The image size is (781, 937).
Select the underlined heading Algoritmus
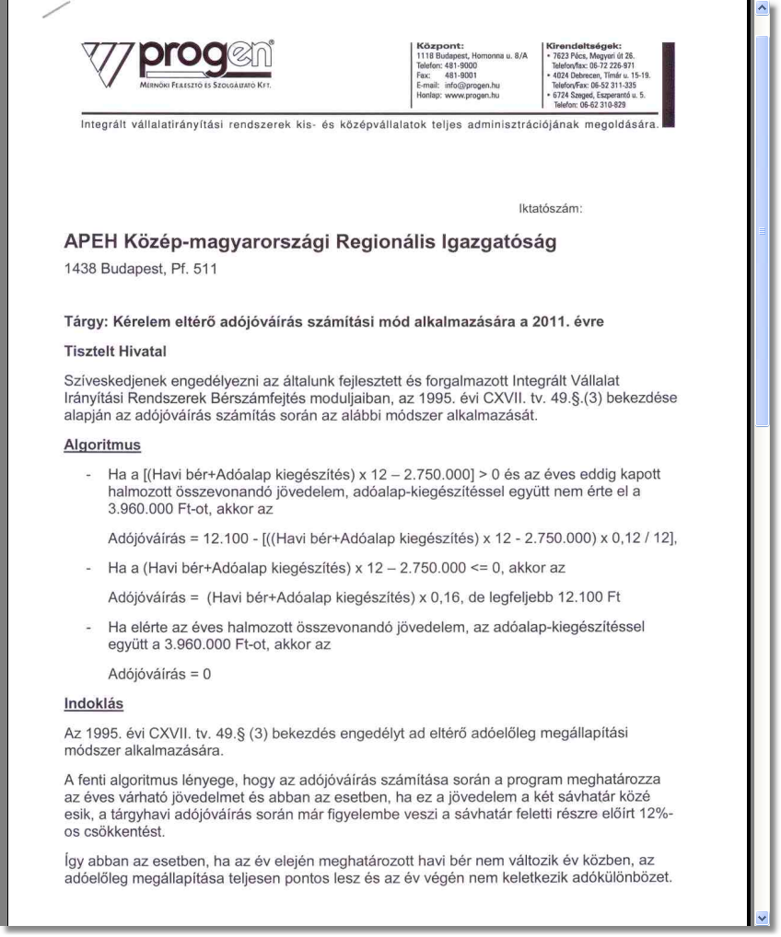(x=101, y=445)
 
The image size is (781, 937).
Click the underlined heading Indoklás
(x=92, y=706)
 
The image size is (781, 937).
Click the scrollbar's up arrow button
(x=762, y=8)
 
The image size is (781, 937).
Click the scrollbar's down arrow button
(x=762, y=918)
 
